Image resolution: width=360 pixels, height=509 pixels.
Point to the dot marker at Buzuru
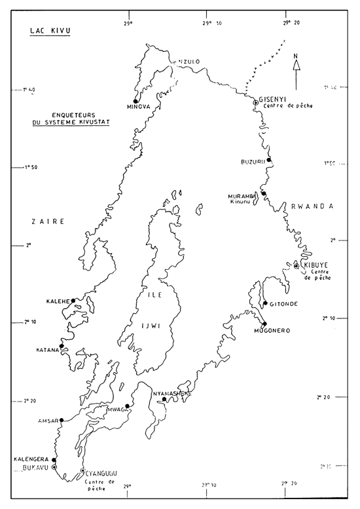(269, 160)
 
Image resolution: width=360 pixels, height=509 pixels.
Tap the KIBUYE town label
(314, 265)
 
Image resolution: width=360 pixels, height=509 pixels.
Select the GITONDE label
(283, 303)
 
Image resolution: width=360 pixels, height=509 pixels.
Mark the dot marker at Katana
(62, 345)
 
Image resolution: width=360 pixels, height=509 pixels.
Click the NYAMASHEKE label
(172, 393)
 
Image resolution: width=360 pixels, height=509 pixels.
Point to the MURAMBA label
(241, 196)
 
